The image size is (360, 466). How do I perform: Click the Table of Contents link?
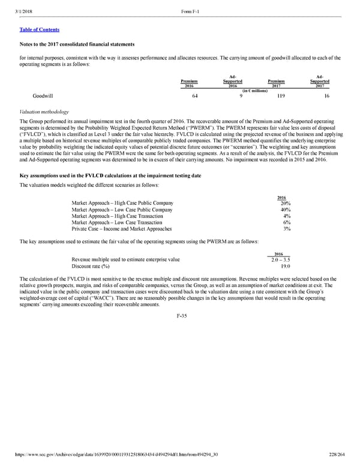[x=39, y=29]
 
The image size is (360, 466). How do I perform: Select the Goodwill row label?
[x=43, y=95]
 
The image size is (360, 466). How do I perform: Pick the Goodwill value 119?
[x=273, y=95]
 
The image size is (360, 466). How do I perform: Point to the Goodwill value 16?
[x=326, y=95]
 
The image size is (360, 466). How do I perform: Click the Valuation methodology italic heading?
[x=44, y=112]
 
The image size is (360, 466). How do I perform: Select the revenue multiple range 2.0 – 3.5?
[x=281, y=259]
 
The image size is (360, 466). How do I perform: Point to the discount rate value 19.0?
[x=286, y=266]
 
